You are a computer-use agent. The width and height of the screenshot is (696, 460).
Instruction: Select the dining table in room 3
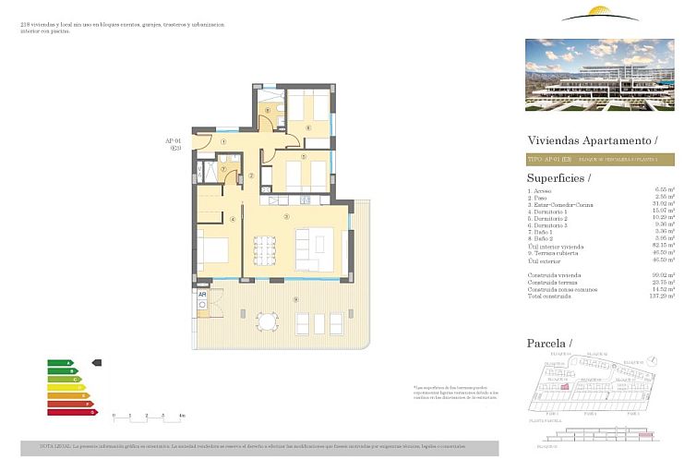[266, 249]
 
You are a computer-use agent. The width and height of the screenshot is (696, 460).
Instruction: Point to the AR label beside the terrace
[202, 296]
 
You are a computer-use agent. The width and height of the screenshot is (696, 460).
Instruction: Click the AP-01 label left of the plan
[172, 141]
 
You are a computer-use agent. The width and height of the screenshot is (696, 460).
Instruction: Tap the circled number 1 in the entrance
[224, 141]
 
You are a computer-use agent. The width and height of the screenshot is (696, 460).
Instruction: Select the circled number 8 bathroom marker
[269, 112]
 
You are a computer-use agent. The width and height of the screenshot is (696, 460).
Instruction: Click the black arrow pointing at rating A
[98, 363]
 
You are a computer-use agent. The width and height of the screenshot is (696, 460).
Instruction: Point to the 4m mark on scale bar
[182, 417]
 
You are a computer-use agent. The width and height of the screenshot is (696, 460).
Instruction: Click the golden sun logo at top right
[600, 14]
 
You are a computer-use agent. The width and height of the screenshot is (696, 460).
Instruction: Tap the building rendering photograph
[601, 74]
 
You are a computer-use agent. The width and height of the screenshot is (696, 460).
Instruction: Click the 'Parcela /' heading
[549, 344]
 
